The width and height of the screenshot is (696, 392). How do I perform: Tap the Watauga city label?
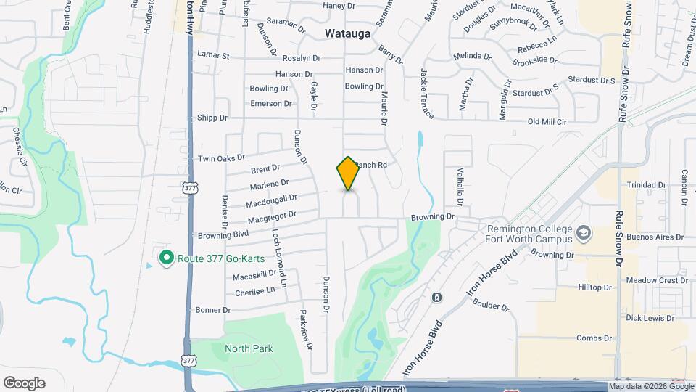[x=348, y=33]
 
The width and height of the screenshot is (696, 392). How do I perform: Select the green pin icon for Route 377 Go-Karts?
[x=166, y=258]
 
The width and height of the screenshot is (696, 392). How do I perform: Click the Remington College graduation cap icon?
[x=584, y=233]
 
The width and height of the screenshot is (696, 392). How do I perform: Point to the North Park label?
[x=249, y=348]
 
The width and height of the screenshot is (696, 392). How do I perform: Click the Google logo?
[x=24, y=383]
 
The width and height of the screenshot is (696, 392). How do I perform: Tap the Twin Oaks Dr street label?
[x=222, y=158]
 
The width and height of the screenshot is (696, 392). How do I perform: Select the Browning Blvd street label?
[x=223, y=235]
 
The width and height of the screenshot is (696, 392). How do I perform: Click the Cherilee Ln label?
[x=256, y=292]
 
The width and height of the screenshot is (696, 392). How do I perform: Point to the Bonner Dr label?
[x=213, y=310]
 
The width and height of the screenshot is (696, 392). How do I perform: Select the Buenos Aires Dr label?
[x=655, y=237]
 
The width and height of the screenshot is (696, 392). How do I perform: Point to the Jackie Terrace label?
[x=426, y=94]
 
